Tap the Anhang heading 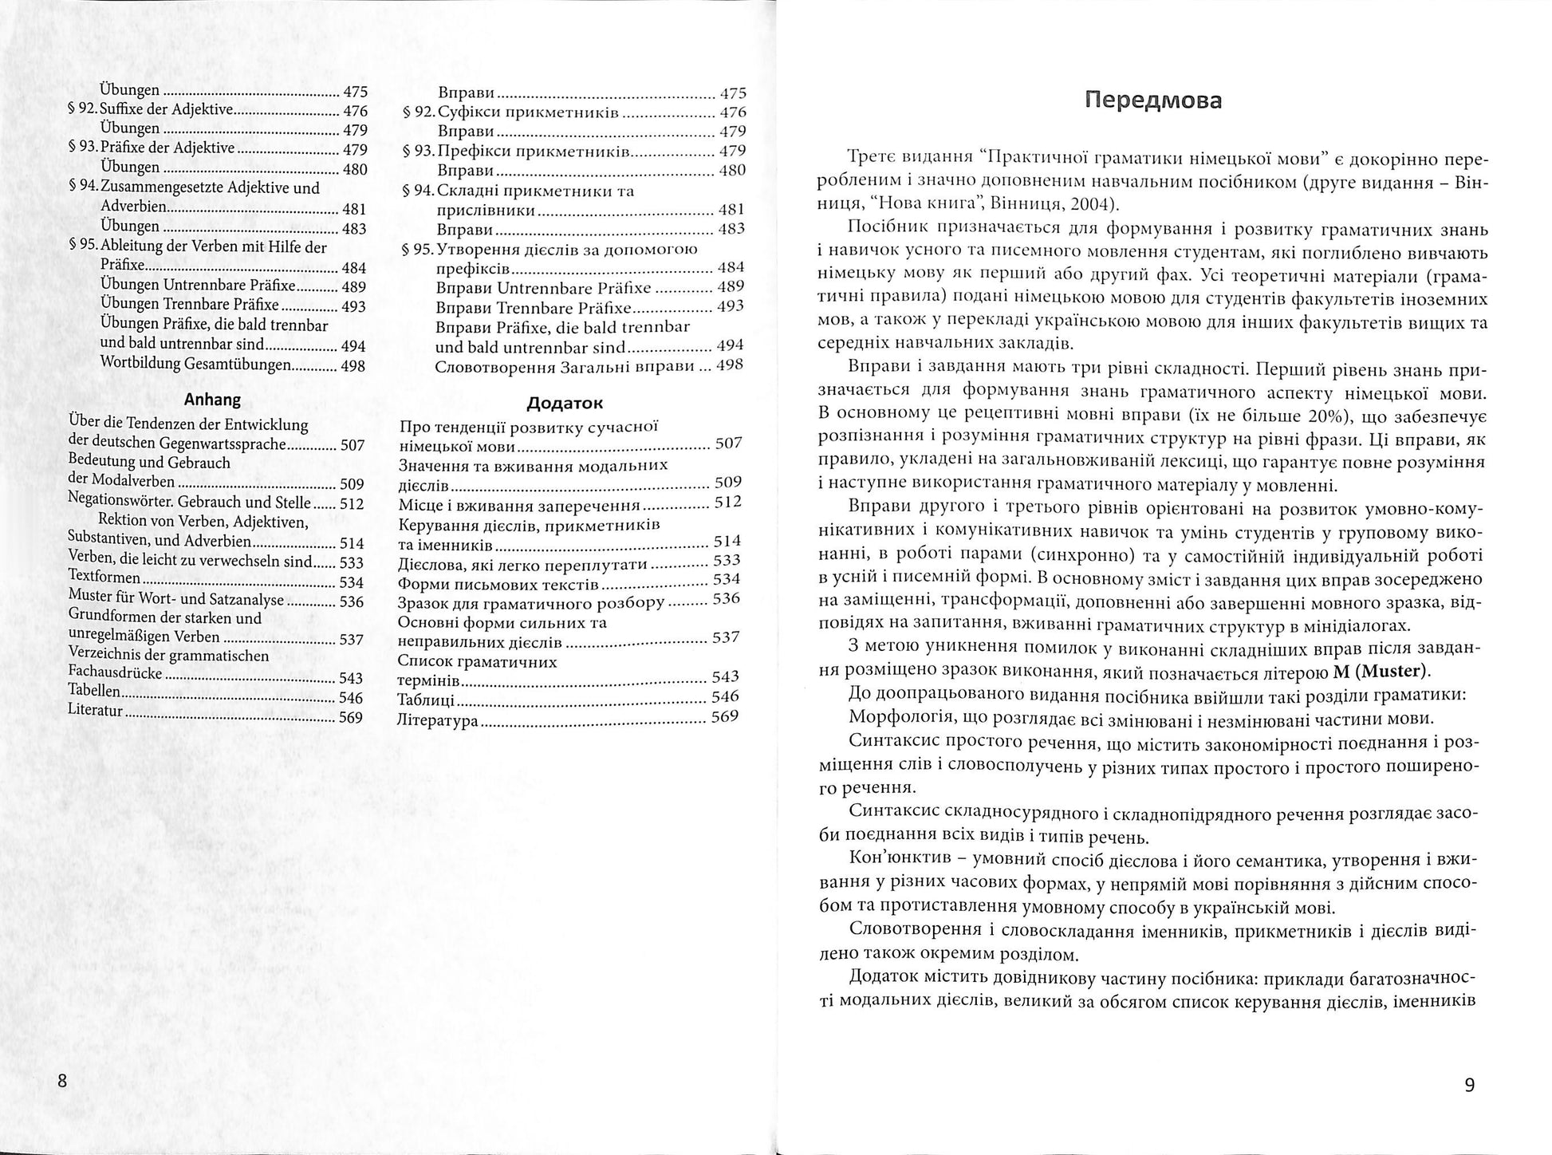click(212, 400)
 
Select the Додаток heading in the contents click(565, 403)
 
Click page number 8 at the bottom click(62, 1082)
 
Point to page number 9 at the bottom click(1470, 1085)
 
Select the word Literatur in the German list click(95, 709)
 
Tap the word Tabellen click(94, 691)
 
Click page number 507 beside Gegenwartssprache click(352, 445)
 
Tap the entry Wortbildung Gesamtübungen click(195, 365)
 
